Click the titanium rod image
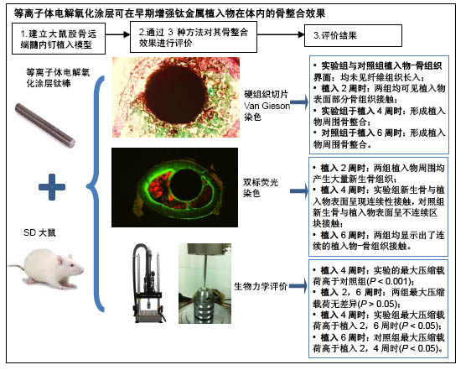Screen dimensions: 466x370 [x=44, y=126]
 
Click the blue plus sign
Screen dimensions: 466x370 [x=52, y=187]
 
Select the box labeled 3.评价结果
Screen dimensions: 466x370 [x=353, y=36]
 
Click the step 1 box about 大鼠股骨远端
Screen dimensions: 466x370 [x=59, y=39]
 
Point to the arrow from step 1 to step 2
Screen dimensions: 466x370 [x=117, y=34]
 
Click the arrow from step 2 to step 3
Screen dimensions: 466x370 [x=281, y=34]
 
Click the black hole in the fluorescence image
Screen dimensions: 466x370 [x=186, y=185]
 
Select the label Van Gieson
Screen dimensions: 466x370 [x=267, y=106]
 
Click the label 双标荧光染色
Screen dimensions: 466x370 [x=261, y=188]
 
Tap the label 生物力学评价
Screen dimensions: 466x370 [x=261, y=286]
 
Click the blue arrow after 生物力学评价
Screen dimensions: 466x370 [x=298, y=286]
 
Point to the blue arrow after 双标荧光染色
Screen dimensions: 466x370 [x=299, y=191]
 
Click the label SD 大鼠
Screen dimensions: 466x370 [x=39, y=232]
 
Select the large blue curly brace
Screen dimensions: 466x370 [x=95, y=193]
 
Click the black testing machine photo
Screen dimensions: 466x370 [x=148, y=283]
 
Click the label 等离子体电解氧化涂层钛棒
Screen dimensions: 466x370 [x=58, y=78]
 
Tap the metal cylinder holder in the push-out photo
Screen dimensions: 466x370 [x=205, y=306]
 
